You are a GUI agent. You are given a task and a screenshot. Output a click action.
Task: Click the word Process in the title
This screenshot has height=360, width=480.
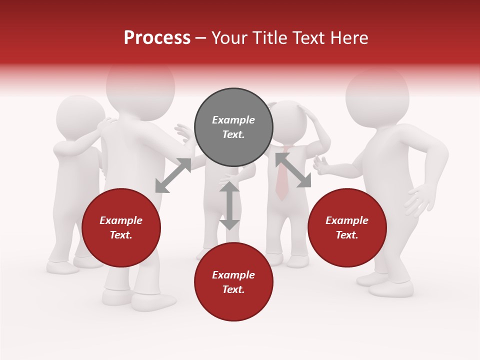tap(157, 38)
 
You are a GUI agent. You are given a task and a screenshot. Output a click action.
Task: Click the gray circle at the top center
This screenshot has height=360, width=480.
tap(233, 127)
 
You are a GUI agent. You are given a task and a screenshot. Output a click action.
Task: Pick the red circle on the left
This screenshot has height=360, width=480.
tap(121, 227)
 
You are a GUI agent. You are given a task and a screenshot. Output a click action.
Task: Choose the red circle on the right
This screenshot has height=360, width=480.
tap(347, 227)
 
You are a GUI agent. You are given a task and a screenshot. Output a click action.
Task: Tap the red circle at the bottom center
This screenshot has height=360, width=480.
tap(233, 282)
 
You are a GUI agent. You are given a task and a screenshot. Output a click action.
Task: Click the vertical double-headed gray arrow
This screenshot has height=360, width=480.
tap(229, 205)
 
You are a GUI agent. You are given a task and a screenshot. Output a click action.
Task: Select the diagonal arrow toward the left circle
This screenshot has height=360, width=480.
tap(173, 175)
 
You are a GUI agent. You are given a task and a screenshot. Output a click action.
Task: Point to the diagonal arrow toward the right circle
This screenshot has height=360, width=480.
tap(293, 170)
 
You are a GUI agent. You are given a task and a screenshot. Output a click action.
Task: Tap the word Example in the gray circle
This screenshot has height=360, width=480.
tap(233, 120)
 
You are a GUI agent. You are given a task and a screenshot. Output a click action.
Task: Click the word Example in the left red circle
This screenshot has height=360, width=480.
tap(121, 220)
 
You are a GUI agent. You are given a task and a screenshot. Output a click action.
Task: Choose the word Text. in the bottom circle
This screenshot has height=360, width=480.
tap(233, 289)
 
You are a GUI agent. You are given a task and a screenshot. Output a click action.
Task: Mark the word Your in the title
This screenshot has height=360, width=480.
tap(228, 38)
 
